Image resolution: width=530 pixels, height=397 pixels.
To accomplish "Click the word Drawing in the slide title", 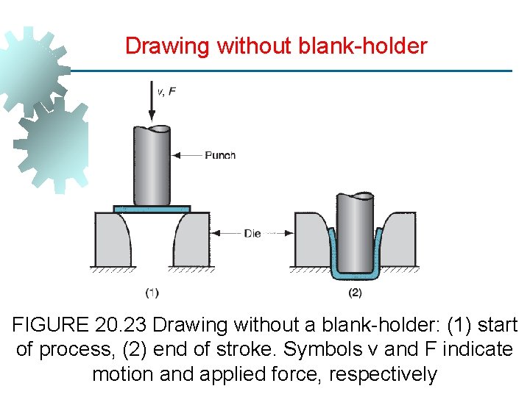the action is tap(168, 46).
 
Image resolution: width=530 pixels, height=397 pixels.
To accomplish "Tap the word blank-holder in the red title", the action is tap(363, 46).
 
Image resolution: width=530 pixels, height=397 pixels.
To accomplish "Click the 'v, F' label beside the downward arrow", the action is tap(166, 92).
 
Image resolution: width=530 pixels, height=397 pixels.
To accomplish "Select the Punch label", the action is tap(220, 155).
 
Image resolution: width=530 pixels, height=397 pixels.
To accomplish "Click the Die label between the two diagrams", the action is tap(252, 234).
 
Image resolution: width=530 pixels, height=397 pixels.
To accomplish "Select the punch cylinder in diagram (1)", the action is tap(152, 166).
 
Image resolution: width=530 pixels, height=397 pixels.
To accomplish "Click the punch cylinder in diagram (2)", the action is tap(355, 232).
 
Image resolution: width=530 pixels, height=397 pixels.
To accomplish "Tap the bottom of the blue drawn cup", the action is tap(355, 275).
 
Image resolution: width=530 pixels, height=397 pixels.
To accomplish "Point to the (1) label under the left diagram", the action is tap(152, 293).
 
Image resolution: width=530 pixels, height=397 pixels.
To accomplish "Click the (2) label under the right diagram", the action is tap(355, 293).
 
